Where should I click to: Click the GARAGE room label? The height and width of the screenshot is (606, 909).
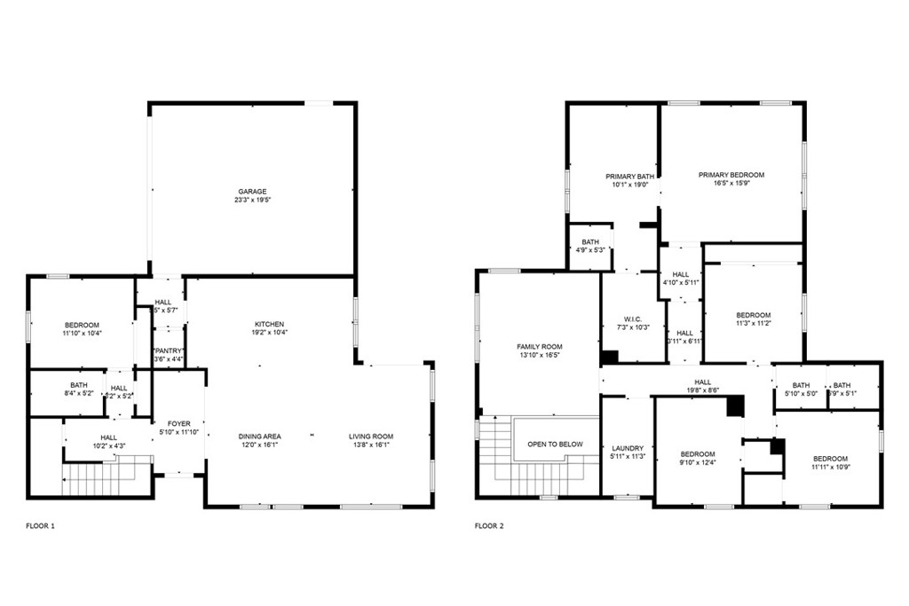point(251,192)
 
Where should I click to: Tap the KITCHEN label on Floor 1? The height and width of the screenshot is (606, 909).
point(269,324)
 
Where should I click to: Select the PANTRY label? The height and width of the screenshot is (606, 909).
point(169,351)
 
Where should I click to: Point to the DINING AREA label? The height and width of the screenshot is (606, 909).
point(259,437)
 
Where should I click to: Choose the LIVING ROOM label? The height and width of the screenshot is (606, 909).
point(370,437)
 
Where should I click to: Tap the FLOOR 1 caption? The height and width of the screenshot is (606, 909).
point(40,526)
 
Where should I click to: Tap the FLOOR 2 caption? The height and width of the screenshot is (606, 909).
point(489,526)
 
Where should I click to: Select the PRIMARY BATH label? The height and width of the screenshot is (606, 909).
point(629,177)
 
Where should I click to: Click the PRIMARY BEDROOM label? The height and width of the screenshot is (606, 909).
point(731,175)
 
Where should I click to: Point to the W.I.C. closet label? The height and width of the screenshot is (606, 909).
point(633,319)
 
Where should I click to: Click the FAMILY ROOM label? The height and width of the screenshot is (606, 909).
point(539,347)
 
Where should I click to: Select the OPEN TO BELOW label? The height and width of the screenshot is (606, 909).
point(555,445)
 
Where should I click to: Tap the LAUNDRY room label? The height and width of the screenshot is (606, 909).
point(627,449)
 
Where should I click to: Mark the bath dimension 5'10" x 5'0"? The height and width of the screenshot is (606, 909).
point(801,393)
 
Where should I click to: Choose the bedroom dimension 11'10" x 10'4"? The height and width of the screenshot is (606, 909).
point(82,333)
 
